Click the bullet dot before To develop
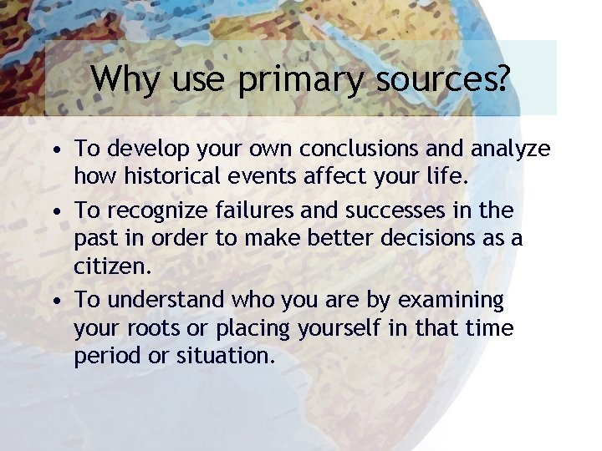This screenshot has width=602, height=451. tap(54, 151)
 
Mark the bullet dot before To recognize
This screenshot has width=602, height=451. tap(54, 210)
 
